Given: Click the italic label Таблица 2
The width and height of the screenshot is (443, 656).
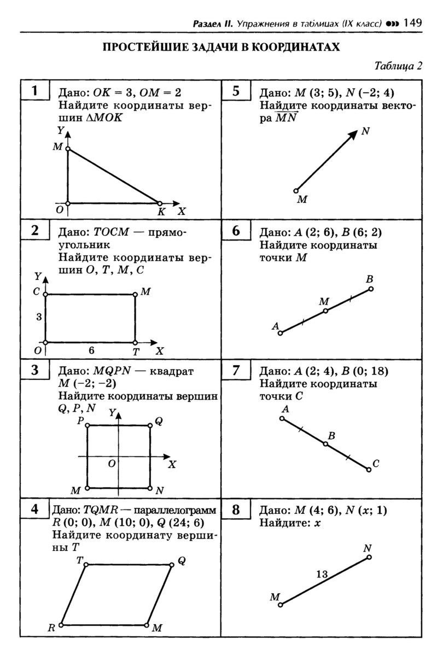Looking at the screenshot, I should click(398, 67).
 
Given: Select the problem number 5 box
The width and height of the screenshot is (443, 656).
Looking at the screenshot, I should click(235, 91).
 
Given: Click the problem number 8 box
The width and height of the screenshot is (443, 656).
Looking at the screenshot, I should click(235, 510).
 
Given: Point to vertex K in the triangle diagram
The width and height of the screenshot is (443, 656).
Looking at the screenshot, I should click(160, 203).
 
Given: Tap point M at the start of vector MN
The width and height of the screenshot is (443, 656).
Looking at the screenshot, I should click(296, 191).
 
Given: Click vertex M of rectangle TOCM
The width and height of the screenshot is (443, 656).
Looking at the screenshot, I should click(135, 295).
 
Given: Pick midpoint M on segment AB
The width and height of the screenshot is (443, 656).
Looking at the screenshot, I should click(325, 311).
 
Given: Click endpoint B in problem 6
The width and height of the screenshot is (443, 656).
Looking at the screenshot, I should click(370, 289).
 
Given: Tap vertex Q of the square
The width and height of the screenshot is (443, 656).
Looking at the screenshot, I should click(150, 425).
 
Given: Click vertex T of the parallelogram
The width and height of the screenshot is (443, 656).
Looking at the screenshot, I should click(85, 564).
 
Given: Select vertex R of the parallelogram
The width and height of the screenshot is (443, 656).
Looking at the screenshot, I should click(61, 624).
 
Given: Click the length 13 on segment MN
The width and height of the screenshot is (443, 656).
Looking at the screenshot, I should click(322, 574).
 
